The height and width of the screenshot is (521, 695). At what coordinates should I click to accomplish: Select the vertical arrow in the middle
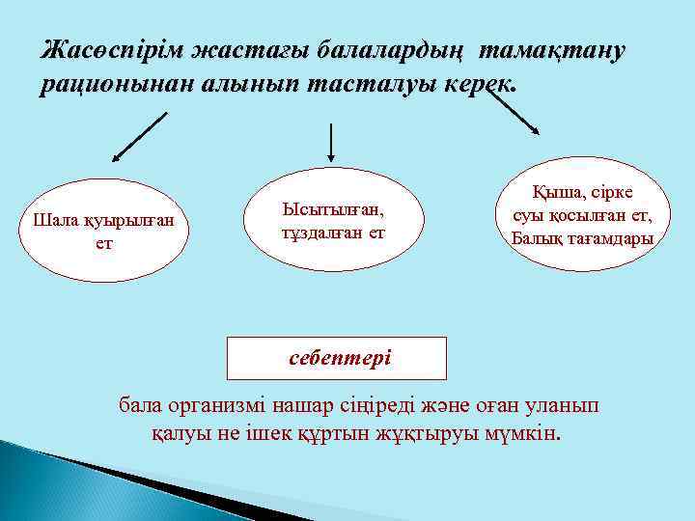click(332, 141)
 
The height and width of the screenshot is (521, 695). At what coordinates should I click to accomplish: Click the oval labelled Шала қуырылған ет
click(103, 231)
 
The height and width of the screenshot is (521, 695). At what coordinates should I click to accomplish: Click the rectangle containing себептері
click(336, 358)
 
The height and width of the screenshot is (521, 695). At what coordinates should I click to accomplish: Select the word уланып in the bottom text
click(565, 405)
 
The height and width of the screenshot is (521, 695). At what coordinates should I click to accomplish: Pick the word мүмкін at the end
click(525, 431)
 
